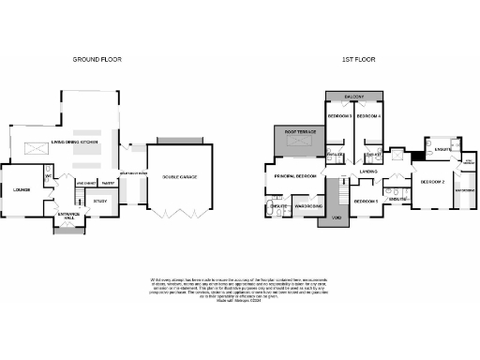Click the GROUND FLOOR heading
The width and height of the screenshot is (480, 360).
point(97,59)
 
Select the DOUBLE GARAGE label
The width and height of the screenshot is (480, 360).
point(181,176)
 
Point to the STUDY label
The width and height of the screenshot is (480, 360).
point(100,200)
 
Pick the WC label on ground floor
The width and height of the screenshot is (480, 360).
point(47,174)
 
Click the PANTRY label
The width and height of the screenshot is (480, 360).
point(108,183)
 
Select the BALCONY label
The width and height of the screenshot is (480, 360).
point(353,97)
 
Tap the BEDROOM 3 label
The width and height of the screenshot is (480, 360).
point(338,116)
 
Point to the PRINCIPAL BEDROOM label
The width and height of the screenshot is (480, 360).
point(294,175)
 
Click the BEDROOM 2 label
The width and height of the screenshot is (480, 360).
point(432,181)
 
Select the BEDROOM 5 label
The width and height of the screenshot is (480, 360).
point(365,201)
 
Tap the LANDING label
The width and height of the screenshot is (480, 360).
point(367,172)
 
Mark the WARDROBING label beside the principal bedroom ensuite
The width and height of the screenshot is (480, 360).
point(309,205)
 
